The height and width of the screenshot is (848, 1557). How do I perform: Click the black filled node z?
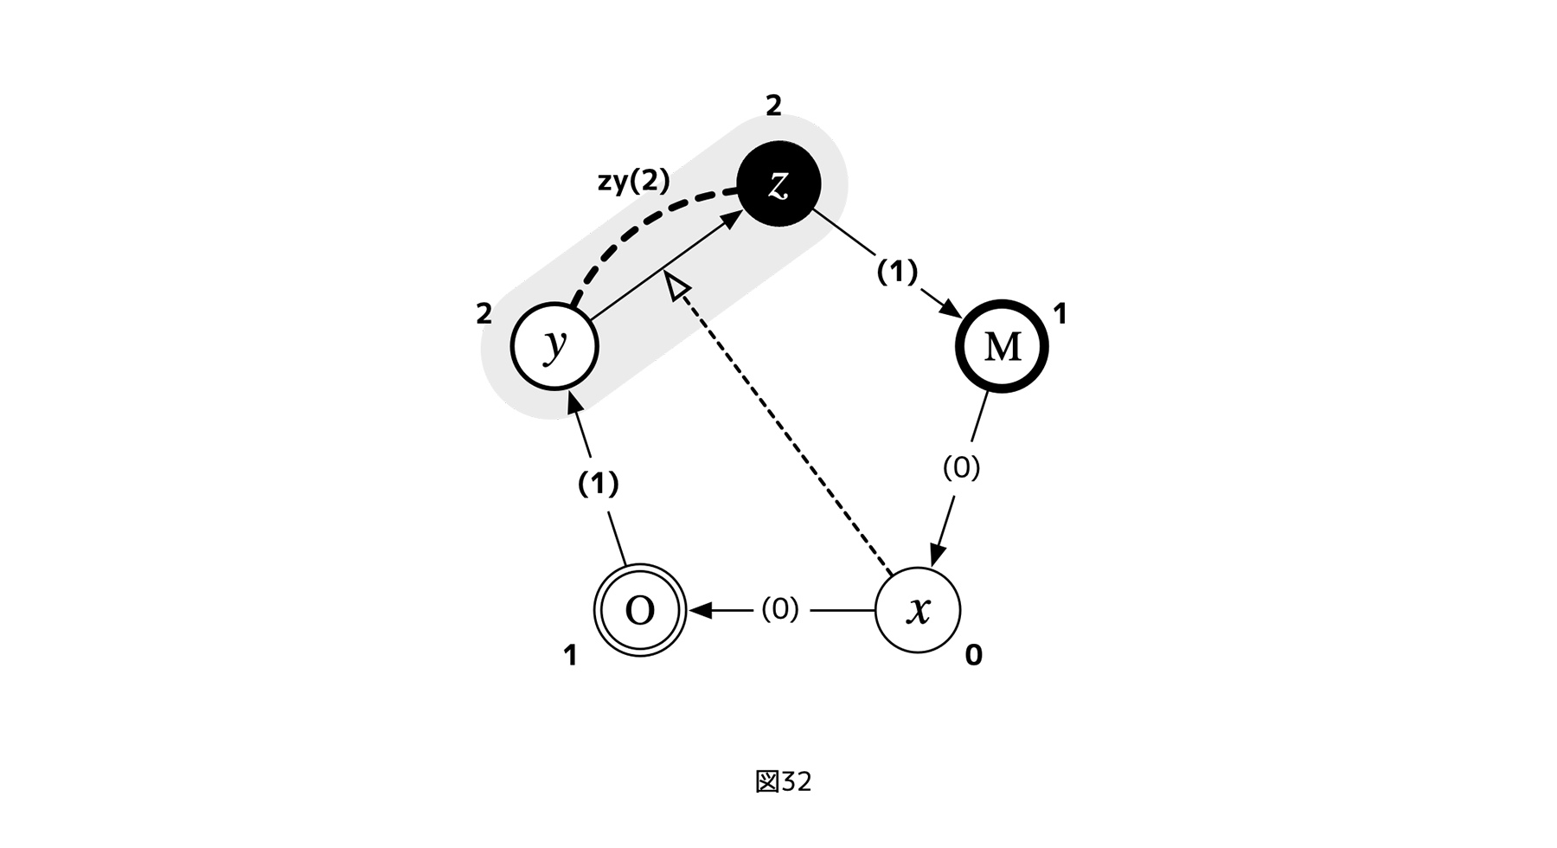(x=778, y=183)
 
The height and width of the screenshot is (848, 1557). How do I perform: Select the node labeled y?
(x=554, y=346)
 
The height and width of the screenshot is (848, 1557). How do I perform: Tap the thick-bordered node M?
(x=1002, y=346)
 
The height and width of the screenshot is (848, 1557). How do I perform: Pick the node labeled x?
(x=918, y=610)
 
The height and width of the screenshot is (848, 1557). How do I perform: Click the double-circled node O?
(x=640, y=610)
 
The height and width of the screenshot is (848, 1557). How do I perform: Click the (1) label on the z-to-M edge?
(x=897, y=272)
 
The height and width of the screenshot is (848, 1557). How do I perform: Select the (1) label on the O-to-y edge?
(x=598, y=484)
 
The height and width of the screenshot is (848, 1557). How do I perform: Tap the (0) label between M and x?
(x=961, y=467)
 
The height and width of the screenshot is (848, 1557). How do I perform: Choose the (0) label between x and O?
(x=779, y=609)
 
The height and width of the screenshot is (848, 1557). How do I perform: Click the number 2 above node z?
(x=773, y=106)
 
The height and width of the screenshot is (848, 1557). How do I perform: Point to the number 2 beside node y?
(x=484, y=314)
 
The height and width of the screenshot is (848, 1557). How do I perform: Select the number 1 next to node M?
(x=1060, y=314)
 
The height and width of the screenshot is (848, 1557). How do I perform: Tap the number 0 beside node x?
(x=973, y=656)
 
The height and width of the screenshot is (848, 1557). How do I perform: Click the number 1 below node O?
(x=570, y=656)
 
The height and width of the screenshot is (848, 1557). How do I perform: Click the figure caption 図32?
(x=783, y=781)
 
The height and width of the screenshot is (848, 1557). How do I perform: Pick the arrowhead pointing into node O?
(x=699, y=610)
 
